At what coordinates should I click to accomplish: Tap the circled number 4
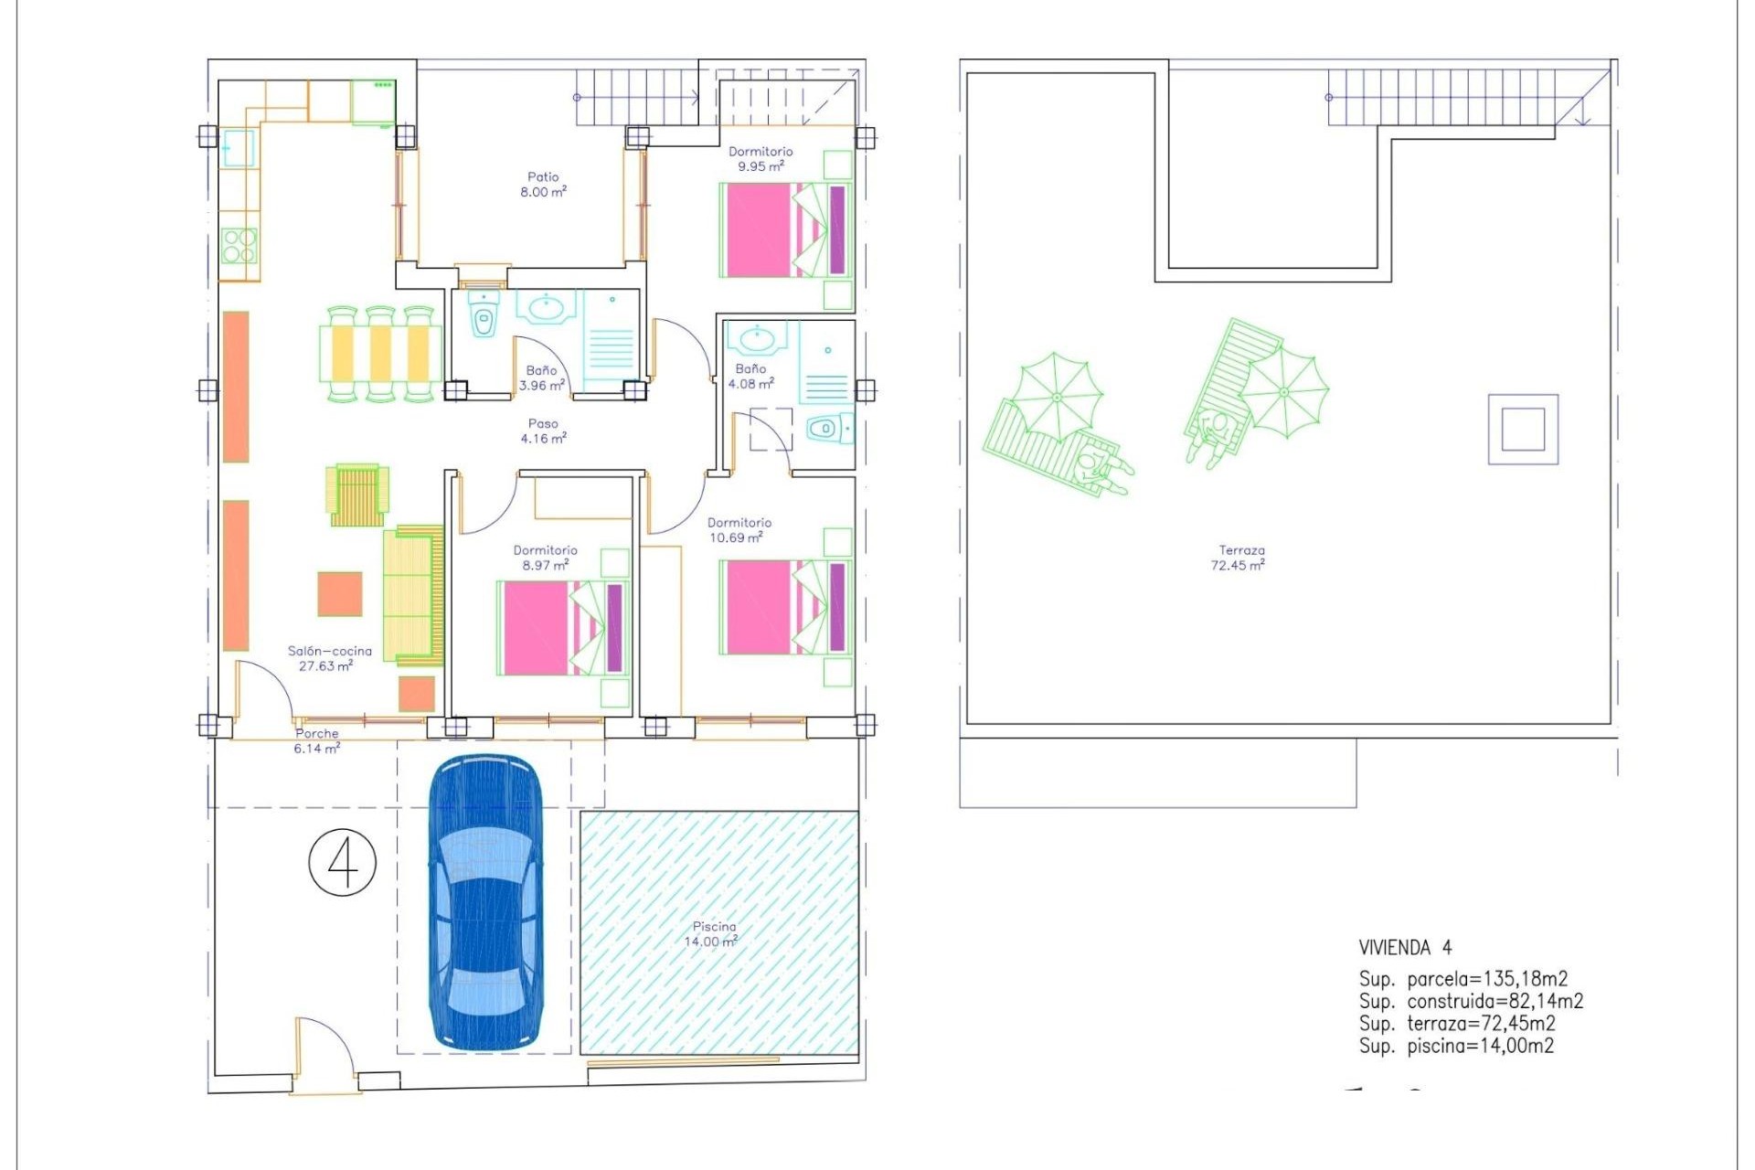tap(343, 862)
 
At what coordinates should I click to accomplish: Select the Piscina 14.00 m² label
tap(713, 934)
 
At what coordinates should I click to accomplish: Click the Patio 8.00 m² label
tap(543, 185)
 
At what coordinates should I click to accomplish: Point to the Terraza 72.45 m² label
tap(1239, 558)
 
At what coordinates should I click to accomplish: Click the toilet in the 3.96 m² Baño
tap(484, 319)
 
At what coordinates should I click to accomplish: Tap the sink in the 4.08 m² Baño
tap(757, 340)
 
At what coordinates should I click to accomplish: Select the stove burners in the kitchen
tap(239, 245)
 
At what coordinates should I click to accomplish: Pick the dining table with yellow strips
tap(380, 354)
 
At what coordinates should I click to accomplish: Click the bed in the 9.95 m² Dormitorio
tap(785, 229)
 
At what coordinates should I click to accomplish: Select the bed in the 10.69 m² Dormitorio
tap(785, 607)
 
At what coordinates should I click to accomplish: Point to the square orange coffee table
tap(340, 594)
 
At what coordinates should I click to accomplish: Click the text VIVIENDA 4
tap(1405, 948)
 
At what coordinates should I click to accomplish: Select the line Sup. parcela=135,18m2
tap(1462, 979)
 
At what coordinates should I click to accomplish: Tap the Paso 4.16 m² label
tap(543, 431)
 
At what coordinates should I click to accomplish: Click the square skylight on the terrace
tap(1523, 430)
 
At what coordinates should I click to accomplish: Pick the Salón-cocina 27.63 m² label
tap(329, 658)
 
